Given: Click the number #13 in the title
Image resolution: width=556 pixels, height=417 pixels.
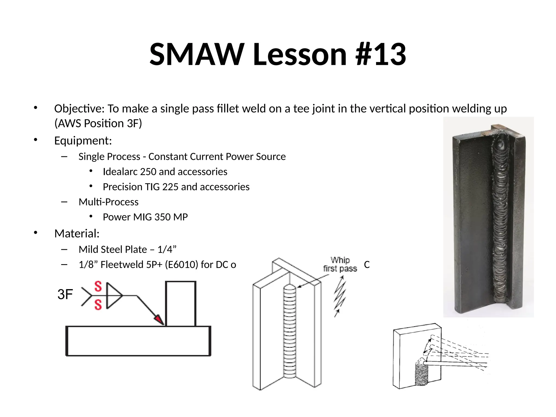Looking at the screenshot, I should point(381,54).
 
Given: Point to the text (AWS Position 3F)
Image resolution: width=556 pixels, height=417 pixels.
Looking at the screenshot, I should point(98,124).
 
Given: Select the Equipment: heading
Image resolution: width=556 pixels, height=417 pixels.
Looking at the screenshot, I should point(83,141).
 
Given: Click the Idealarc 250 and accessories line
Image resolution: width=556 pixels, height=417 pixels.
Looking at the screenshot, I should point(165,172).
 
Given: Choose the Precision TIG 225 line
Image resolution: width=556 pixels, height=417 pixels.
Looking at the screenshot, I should point(176,187).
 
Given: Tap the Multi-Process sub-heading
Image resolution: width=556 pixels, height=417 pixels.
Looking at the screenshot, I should point(108,202).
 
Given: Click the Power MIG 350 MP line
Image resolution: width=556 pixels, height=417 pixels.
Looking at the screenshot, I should point(145,217).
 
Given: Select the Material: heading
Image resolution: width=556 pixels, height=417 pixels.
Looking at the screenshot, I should point(77,234).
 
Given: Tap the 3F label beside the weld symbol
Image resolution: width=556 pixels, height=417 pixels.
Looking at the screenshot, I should point(65,295).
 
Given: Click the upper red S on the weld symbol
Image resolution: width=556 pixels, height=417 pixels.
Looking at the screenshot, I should point(98,287).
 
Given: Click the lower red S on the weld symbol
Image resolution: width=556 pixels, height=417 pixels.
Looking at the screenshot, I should point(98,305).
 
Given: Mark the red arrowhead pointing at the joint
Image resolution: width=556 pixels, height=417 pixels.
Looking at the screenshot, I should point(159,320).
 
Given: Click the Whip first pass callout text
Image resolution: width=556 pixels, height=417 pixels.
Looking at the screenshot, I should point(340,264).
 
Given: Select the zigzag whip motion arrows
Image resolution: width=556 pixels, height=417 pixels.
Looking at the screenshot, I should point(340,296).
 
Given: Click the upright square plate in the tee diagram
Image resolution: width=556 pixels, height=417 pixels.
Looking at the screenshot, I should point(181,304).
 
